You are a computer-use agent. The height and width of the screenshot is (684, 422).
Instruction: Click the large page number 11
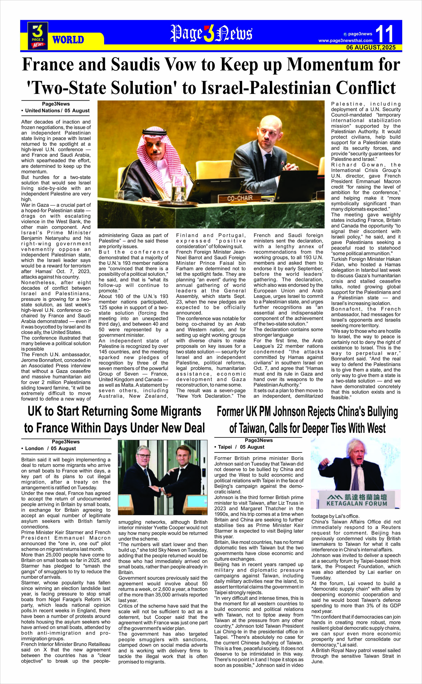[x=384, y=34]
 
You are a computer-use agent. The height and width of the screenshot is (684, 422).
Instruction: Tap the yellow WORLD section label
[x=68, y=40]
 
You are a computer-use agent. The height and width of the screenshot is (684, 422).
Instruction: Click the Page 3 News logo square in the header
[x=38, y=36]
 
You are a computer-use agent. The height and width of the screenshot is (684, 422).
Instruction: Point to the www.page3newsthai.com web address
[x=345, y=41]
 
